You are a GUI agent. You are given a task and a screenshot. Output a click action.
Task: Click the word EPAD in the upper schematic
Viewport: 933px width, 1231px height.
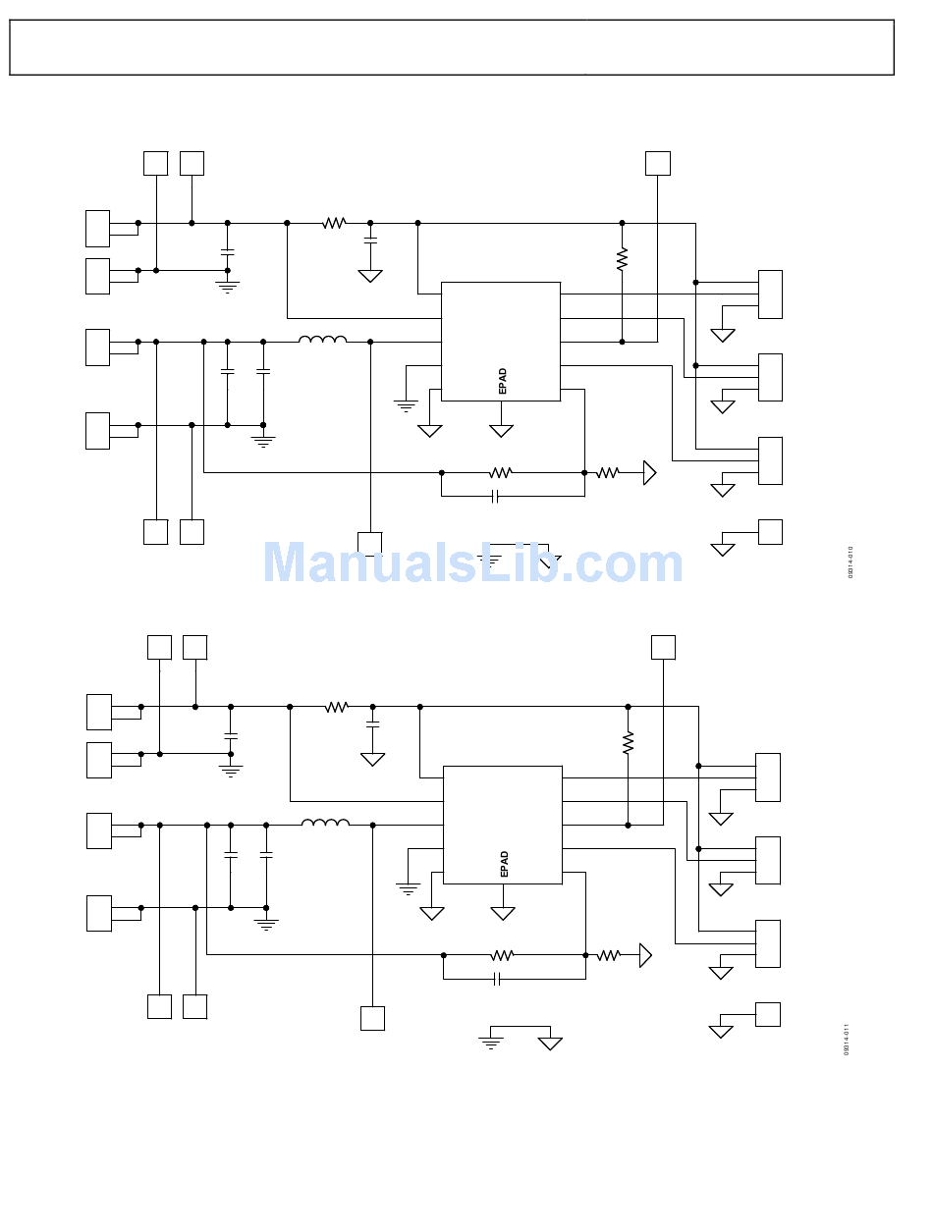(503, 381)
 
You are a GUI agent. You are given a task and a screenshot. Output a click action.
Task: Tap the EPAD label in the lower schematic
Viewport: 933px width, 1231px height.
(505, 864)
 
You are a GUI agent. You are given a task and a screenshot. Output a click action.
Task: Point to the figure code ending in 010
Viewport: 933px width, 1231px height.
(851, 562)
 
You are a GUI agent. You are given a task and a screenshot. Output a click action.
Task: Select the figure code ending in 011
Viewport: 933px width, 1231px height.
(847, 1039)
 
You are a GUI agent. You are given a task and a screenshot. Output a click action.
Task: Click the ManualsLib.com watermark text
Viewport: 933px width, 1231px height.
(472, 564)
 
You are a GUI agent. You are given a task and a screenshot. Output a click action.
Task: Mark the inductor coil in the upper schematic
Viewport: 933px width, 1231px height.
(322, 340)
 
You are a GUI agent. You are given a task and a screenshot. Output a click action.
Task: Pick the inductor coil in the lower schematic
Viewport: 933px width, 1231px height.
(325, 823)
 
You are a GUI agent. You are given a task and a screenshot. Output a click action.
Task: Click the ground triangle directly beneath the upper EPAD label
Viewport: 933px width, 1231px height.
(501, 431)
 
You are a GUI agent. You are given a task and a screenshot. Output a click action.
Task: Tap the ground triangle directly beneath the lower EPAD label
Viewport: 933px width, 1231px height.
(503, 914)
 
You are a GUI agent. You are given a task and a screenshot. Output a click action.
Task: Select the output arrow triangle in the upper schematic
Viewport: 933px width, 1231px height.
(649, 472)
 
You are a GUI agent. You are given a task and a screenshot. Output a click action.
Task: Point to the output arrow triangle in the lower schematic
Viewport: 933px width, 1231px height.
(645, 955)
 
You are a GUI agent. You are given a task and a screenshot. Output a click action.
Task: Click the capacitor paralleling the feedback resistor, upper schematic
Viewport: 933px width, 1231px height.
(495, 497)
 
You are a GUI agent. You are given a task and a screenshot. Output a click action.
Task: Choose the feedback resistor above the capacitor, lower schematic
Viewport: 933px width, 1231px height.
(502, 954)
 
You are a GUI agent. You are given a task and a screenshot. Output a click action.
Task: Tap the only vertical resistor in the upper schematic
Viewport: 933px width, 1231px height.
(622, 259)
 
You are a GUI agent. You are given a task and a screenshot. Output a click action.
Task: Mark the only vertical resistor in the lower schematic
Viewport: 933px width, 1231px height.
(628, 742)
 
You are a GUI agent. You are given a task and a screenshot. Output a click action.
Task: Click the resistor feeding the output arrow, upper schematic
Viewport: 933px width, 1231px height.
(608, 472)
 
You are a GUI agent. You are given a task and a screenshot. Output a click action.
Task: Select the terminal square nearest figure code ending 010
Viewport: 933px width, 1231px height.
(770, 532)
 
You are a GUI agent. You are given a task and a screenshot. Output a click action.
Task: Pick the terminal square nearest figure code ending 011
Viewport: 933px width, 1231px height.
(767, 1014)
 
